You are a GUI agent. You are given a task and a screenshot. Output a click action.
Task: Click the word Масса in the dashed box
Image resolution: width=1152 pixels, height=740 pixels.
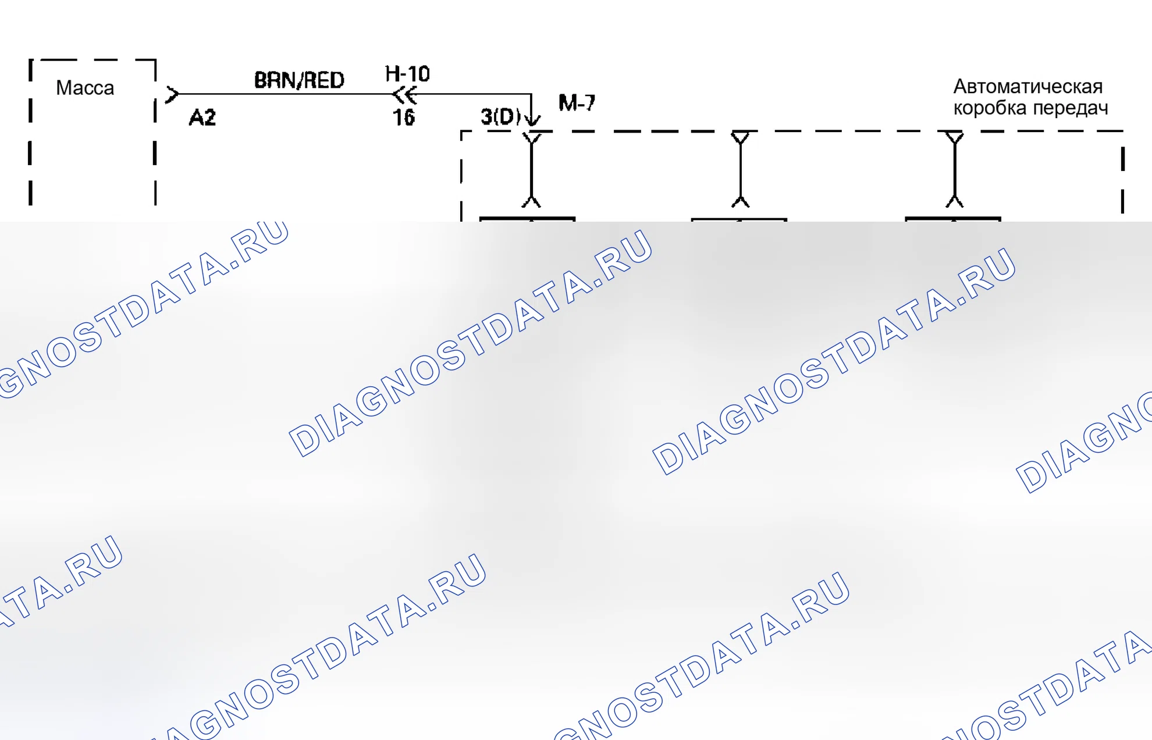(x=85, y=88)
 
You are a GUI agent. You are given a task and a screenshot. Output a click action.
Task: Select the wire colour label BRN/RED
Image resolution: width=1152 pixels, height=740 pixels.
(x=299, y=80)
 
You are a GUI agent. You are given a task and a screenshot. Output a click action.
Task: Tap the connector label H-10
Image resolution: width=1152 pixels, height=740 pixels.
(x=407, y=74)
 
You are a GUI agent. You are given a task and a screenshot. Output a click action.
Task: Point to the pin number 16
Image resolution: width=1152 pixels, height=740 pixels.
(x=404, y=118)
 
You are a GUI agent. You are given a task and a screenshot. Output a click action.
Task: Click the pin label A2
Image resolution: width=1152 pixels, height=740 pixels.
(x=202, y=118)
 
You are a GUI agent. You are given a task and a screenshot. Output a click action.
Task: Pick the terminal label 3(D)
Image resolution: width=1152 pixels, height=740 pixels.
(x=501, y=116)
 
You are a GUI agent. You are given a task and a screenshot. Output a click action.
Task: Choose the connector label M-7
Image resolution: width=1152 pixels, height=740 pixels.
(x=577, y=103)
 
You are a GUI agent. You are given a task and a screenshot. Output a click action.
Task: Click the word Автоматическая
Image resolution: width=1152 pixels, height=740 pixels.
(x=1027, y=87)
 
